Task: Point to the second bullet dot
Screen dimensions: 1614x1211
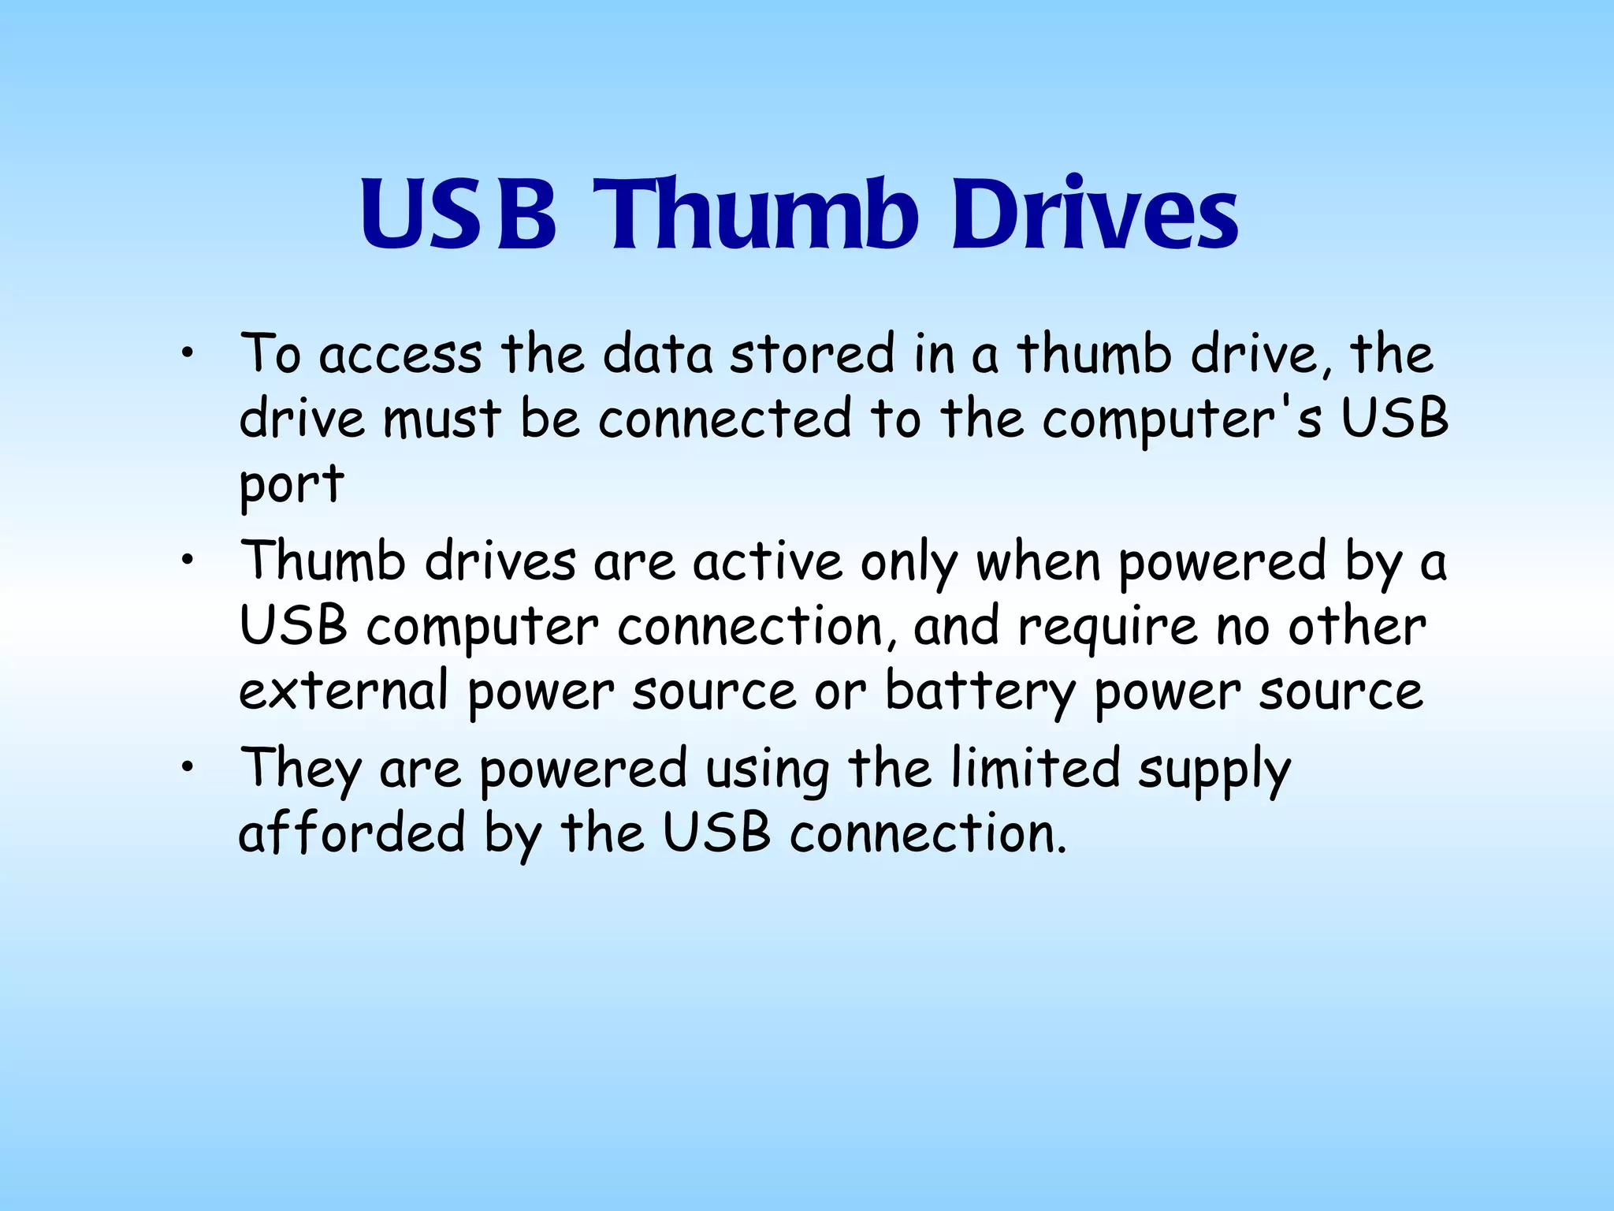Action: pos(186,561)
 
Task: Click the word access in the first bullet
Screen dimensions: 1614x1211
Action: pos(400,354)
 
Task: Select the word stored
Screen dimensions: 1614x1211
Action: pos(813,354)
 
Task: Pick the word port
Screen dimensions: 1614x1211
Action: pos(292,483)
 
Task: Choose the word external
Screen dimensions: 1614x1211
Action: pos(344,691)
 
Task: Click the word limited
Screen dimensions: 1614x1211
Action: pos(1035,768)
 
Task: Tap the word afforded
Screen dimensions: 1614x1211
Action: pos(352,833)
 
